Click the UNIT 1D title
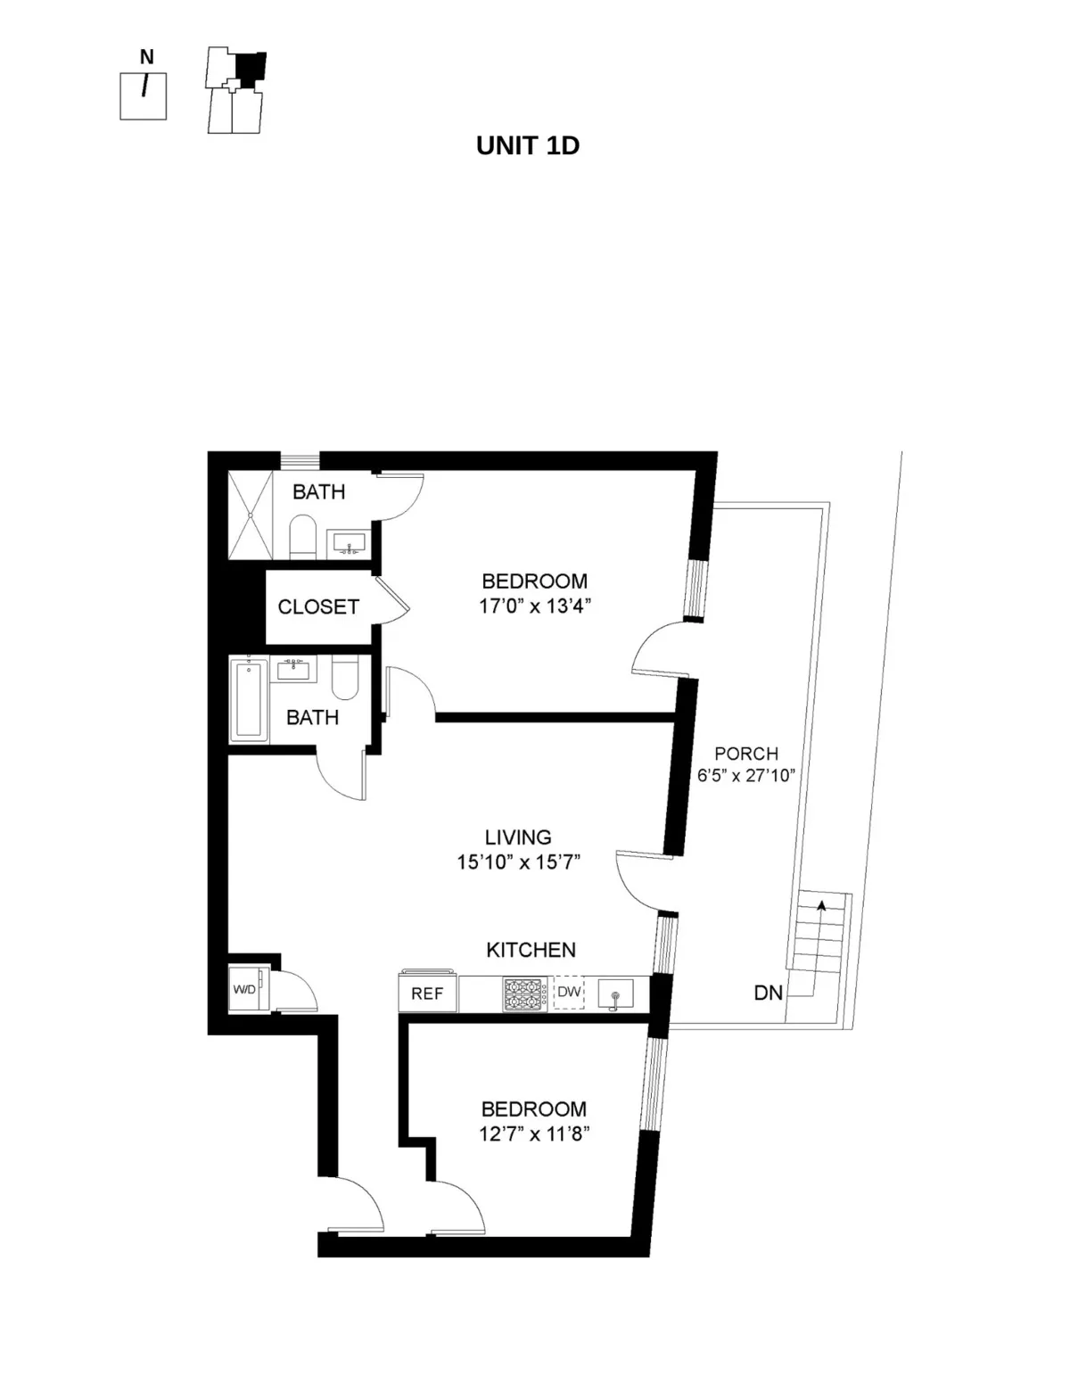[x=528, y=145]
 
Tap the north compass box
[x=144, y=95]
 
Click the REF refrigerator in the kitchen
[x=427, y=993]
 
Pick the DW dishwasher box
[x=569, y=993]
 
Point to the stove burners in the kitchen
[x=524, y=993]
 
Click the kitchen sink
[x=615, y=993]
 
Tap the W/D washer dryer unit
[x=244, y=989]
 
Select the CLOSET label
[x=318, y=607]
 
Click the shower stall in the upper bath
[x=251, y=515]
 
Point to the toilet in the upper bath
[x=304, y=535]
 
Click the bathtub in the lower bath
[x=249, y=699]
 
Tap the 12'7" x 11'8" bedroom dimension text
[x=533, y=1134]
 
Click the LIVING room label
[x=518, y=837]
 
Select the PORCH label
[x=746, y=754]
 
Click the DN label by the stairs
[x=768, y=993]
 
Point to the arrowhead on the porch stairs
[x=820, y=904]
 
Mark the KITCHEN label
[x=531, y=950]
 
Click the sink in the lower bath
[x=293, y=668]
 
